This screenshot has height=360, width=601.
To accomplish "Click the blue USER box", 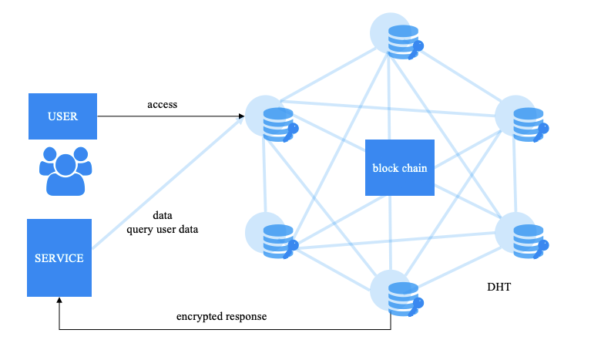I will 62,116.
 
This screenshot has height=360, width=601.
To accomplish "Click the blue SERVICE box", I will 59,257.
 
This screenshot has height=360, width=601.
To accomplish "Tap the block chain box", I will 399,167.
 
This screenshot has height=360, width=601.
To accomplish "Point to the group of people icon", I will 64,170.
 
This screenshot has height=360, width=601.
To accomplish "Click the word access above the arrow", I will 163,104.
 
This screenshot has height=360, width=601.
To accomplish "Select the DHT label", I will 499,288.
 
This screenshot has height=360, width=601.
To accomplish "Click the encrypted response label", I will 221,317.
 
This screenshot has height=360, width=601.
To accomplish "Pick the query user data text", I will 163,229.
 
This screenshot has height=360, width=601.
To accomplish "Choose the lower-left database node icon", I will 276,240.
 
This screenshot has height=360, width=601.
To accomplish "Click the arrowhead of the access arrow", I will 242,117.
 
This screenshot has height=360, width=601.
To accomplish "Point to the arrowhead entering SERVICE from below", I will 59,301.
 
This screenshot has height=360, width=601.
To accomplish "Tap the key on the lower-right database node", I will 543,247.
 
